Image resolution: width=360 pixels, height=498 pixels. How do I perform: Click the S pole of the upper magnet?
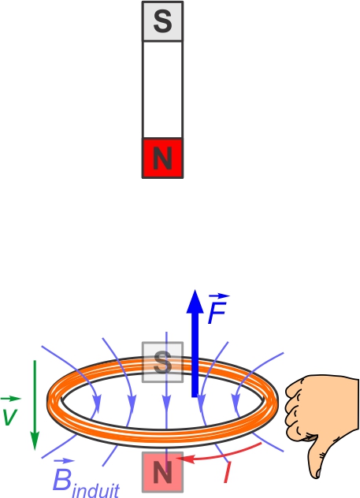click(x=162, y=21)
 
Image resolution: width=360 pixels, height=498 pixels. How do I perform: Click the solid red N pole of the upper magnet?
click(x=162, y=158)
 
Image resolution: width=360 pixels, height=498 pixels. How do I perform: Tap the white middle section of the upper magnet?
click(x=162, y=90)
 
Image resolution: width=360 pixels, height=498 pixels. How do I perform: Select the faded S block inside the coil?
click(x=162, y=362)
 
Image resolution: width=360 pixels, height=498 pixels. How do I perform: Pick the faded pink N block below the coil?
click(x=162, y=472)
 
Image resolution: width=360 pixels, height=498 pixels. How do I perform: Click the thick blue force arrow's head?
click(x=195, y=302)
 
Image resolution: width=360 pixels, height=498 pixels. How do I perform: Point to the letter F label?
click(x=217, y=313)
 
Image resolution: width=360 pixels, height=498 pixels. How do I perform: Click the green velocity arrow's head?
click(x=35, y=440)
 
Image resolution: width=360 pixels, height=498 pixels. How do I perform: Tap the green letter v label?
click(x=9, y=417)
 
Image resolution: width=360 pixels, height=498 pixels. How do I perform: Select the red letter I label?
click(x=227, y=472)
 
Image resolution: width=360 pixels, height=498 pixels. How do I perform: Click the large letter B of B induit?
click(x=62, y=480)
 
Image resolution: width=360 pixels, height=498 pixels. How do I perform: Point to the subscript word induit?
click(x=96, y=491)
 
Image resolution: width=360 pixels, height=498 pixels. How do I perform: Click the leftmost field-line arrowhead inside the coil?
click(x=98, y=404)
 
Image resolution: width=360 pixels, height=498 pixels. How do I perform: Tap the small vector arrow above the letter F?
click(x=219, y=296)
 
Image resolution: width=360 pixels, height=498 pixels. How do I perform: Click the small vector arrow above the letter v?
click(x=11, y=398)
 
